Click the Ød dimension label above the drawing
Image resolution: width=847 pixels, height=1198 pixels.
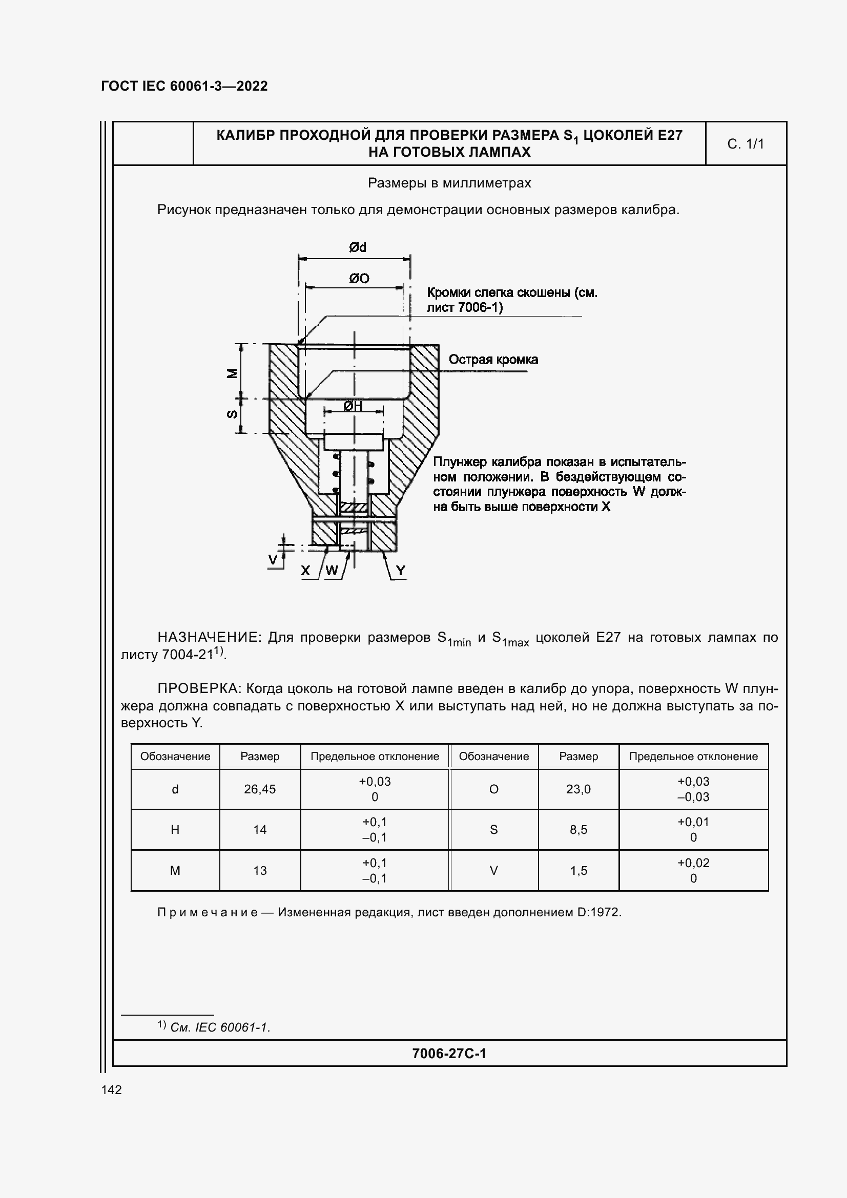358,247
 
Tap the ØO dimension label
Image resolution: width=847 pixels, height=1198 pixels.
359,279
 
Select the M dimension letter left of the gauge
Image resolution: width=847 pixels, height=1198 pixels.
232,373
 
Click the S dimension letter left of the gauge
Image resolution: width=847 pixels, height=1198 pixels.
232,414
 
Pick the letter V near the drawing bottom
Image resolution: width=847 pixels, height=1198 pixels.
273,560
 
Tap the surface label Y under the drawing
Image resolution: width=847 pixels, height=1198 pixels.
400,571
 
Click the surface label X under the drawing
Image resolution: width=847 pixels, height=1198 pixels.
305,571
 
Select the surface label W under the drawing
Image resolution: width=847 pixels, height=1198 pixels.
332,571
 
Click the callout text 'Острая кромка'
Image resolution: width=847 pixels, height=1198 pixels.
492,360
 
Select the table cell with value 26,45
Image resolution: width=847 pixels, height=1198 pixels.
259,789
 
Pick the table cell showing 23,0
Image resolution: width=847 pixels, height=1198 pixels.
577,789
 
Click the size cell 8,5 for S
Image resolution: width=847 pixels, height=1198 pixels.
577,830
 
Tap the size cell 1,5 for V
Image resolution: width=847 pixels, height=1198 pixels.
578,870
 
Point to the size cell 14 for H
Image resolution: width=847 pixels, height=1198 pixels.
259,830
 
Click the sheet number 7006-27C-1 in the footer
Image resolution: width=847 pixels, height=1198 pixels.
449,1054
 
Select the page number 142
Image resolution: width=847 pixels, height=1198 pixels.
111,1089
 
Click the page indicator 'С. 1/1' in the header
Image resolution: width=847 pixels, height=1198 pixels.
745,144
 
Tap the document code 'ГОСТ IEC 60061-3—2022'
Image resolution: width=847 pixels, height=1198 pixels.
184,86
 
